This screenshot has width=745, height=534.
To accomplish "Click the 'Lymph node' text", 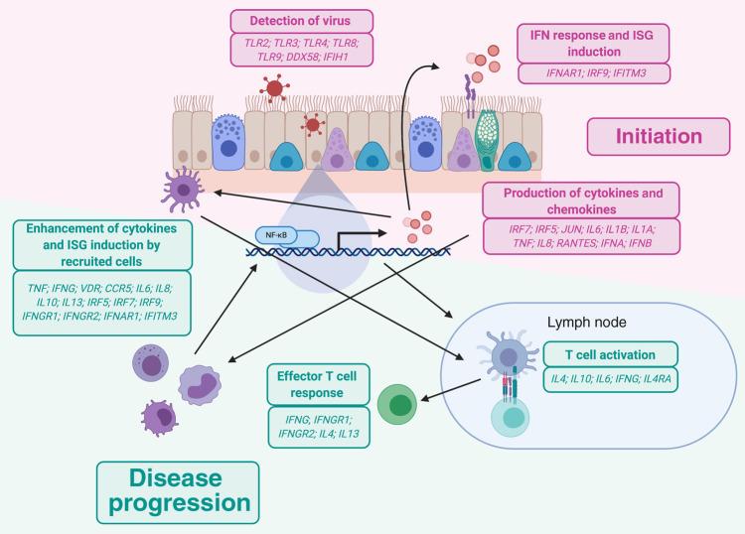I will (585, 324).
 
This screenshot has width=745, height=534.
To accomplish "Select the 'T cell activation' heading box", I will (612, 354).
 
